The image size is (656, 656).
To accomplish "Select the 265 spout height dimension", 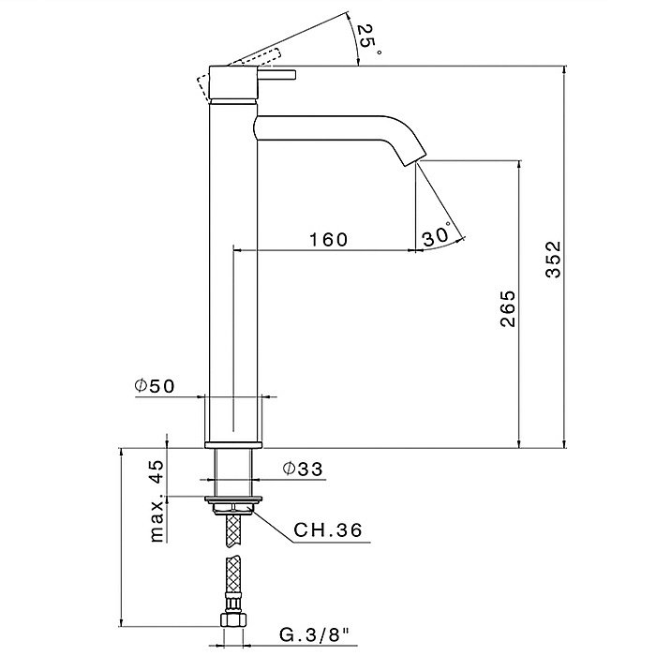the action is tap(508, 308).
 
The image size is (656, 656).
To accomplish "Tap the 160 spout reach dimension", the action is tap(328, 240).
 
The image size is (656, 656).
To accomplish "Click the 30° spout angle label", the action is tap(438, 235).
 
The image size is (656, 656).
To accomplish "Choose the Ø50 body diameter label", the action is tap(154, 386).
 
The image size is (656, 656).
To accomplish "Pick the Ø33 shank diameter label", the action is tap(303, 469).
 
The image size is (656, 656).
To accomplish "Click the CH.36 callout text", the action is tap(328, 530).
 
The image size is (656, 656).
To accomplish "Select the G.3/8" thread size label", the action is tap(314, 635).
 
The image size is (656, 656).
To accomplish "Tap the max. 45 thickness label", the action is tap(157, 500).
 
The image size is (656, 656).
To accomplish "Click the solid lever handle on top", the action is tap(277, 74).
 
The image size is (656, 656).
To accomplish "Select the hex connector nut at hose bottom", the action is tap(232, 619).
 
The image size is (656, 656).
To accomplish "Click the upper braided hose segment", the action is tap(233, 531).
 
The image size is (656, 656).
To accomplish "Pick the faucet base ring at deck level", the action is tap(233, 444).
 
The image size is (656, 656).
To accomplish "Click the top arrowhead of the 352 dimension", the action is tap(564, 70).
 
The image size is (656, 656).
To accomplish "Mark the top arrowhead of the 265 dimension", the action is tap(519, 164).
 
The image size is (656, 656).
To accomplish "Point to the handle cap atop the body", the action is tap(232, 82).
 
